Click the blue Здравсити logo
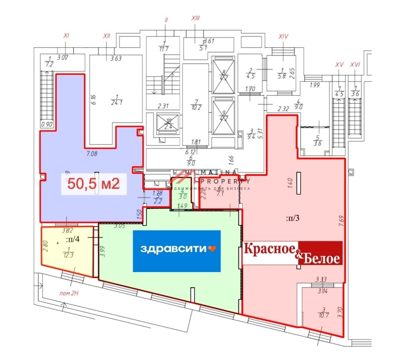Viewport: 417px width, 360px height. [x=177, y=251]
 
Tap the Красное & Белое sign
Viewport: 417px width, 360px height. [x=292, y=253]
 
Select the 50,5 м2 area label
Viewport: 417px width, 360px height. [x=93, y=184]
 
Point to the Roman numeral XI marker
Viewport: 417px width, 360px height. [x=66, y=35]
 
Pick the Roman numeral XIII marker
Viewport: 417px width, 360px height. [x=195, y=18]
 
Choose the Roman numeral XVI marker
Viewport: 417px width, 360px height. [x=355, y=65]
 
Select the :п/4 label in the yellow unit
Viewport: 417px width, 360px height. [x=71, y=239]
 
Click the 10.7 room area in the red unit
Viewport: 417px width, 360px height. [x=324, y=315]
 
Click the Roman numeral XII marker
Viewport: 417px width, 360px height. [x=107, y=36]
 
